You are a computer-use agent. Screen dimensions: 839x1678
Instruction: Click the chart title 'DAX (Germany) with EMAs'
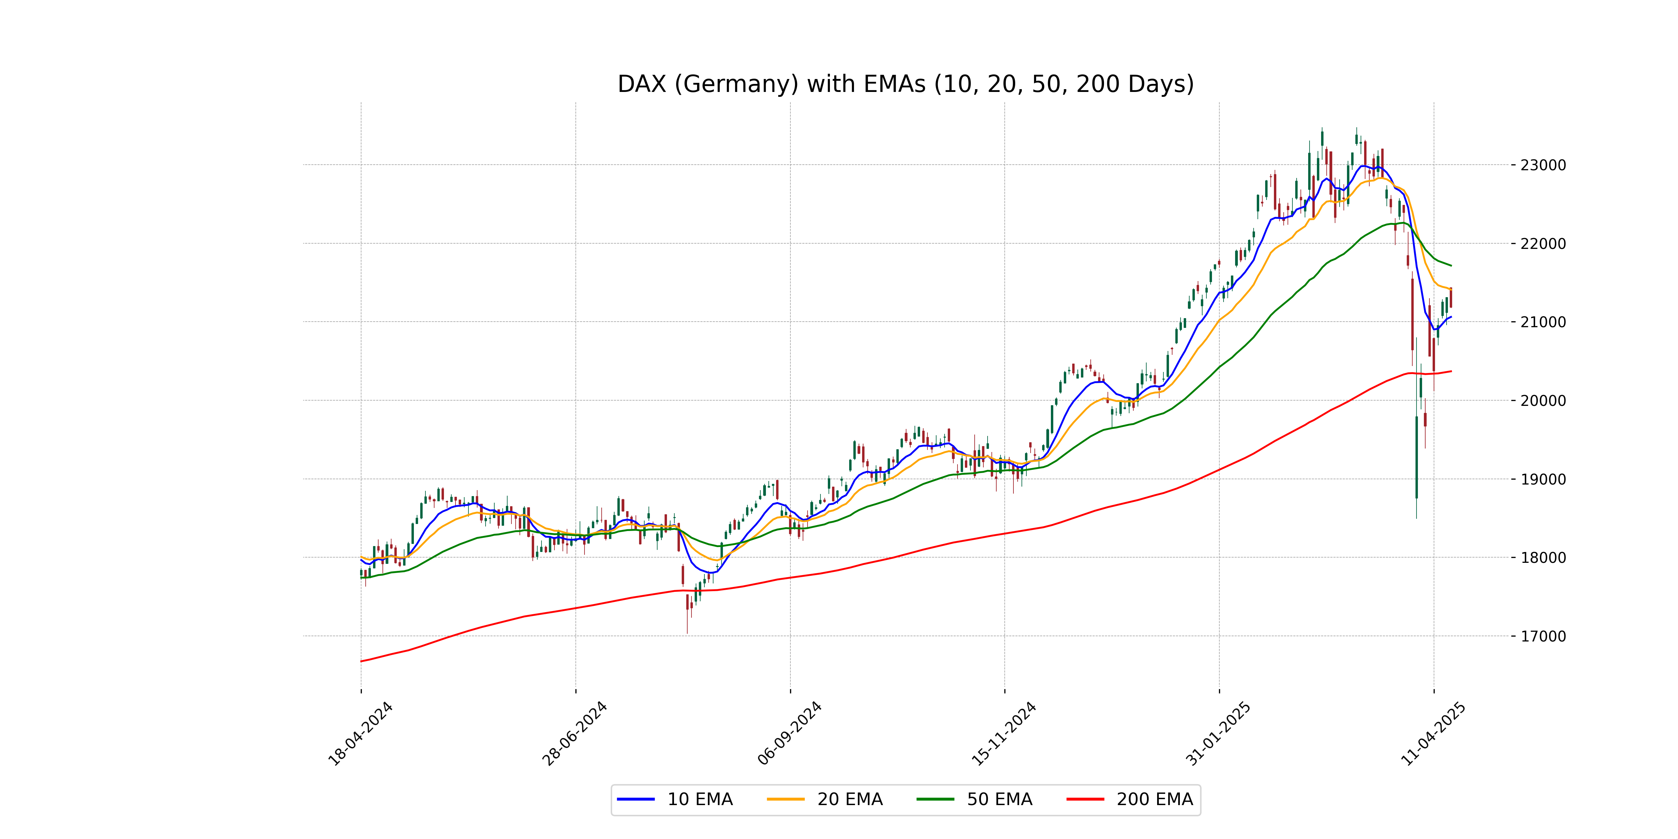905,84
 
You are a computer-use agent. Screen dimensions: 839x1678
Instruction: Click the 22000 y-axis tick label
1542,244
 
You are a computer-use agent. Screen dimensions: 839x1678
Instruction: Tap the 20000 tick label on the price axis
1542,401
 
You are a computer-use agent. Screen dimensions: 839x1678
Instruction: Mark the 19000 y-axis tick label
1542,479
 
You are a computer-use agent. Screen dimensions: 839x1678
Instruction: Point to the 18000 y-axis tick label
1542,558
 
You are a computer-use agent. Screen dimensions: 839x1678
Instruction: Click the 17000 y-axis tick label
1542,636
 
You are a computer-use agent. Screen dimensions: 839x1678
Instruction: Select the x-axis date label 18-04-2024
360,734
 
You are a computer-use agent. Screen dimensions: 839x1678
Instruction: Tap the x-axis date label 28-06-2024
574,734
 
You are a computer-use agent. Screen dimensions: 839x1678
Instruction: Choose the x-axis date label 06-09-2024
789,734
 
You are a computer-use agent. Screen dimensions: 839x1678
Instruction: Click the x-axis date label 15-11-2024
1004,734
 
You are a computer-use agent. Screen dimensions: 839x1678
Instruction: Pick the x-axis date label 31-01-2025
1218,734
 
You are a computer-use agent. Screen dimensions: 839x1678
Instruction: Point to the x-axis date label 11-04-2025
1433,734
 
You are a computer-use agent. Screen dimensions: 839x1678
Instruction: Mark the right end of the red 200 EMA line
1451,371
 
